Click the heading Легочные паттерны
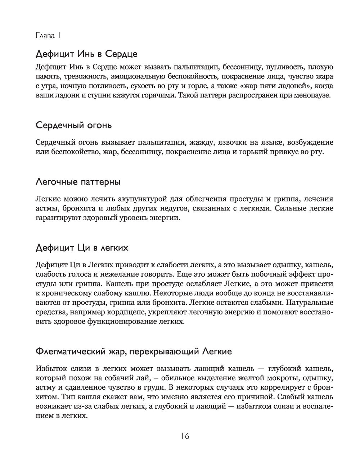(78, 182)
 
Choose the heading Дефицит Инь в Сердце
(87, 54)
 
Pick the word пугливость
(286, 67)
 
